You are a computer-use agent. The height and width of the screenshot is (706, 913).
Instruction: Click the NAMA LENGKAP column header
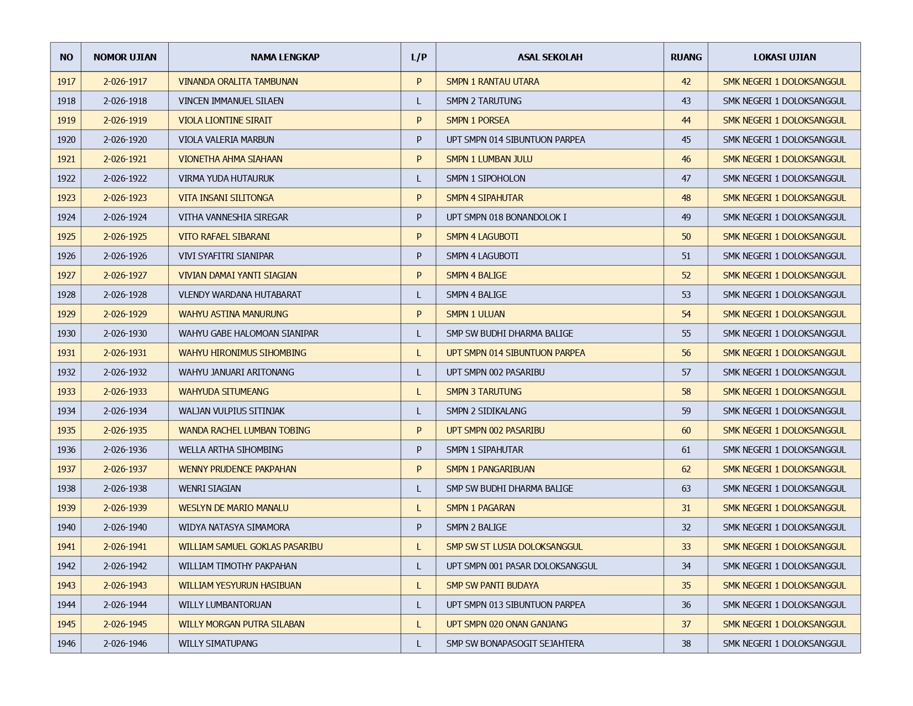click(x=284, y=57)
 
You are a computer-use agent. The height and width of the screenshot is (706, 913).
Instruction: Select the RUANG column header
click(x=686, y=57)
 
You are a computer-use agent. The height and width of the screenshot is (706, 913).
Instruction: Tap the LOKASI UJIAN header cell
click(x=784, y=57)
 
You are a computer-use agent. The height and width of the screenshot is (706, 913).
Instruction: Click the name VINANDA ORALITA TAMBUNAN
click(x=238, y=81)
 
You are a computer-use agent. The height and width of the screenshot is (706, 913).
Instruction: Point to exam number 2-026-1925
click(x=125, y=236)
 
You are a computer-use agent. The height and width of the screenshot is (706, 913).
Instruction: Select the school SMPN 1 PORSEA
click(x=478, y=120)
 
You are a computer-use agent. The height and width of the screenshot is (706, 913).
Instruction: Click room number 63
click(x=686, y=488)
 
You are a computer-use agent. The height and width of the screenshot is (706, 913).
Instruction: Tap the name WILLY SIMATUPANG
click(x=218, y=643)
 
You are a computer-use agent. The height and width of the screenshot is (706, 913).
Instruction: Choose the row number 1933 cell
click(x=66, y=391)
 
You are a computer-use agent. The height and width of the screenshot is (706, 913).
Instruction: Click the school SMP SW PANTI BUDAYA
click(x=492, y=585)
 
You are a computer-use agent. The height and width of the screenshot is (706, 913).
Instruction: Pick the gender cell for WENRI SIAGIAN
click(x=418, y=488)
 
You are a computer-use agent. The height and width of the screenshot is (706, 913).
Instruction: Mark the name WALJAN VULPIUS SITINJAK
click(x=231, y=411)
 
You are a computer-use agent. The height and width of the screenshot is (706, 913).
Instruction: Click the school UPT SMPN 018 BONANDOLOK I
click(x=506, y=217)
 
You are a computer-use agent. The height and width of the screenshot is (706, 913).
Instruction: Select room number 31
click(x=686, y=508)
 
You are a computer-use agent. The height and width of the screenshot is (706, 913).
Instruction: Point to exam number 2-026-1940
click(x=125, y=527)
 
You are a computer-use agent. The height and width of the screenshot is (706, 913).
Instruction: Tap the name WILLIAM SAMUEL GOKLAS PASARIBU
click(x=250, y=547)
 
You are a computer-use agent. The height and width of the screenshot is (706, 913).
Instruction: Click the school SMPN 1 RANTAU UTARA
click(x=492, y=81)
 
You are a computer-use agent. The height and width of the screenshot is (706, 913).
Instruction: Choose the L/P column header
click(x=418, y=57)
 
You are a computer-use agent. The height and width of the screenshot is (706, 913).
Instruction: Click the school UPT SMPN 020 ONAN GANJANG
click(x=507, y=624)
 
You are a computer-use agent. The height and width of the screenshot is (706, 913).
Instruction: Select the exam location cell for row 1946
click(x=784, y=643)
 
